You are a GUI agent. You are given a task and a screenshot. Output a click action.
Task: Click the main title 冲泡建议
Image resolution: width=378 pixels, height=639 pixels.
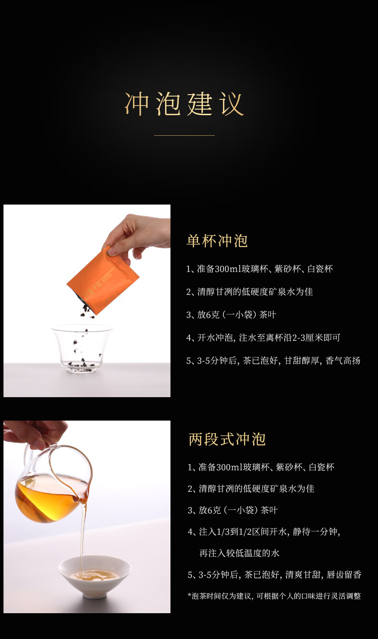(x=184, y=104)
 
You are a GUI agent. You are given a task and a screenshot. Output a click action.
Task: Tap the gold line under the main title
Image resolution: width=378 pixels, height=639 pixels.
(x=184, y=135)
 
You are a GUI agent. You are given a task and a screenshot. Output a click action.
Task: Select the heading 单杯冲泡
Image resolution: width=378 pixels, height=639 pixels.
(x=217, y=240)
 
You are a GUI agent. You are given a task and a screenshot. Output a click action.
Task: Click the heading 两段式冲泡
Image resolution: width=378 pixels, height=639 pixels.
(x=227, y=439)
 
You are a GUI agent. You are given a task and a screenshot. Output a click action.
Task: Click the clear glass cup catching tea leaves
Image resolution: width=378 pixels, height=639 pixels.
(x=82, y=348)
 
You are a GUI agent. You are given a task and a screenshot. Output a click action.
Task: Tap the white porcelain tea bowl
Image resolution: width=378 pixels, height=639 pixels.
(x=95, y=576)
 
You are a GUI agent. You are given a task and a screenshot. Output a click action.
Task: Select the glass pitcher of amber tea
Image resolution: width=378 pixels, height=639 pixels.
(x=53, y=485)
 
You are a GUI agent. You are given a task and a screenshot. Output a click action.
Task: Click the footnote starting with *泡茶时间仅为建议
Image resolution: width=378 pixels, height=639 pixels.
(x=274, y=596)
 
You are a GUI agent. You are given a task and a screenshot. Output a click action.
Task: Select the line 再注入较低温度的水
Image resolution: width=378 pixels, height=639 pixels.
(x=239, y=553)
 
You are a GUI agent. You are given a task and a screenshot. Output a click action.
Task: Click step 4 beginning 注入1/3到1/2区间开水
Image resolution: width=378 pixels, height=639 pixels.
(x=264, y=532)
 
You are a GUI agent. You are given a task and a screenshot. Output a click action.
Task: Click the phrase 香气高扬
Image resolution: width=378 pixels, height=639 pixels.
(x=343, y=360)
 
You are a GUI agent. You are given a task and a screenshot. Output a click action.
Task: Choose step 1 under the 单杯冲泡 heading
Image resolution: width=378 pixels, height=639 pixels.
(x=259, y=269)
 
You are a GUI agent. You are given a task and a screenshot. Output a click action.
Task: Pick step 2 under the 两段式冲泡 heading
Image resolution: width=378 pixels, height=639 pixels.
(x=251, y=488)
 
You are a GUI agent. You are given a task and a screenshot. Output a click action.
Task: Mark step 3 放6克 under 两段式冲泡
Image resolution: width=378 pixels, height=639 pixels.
(x=233, y=510)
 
